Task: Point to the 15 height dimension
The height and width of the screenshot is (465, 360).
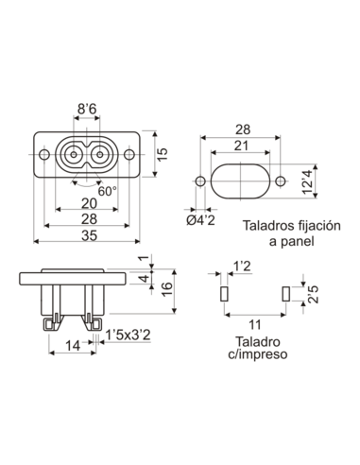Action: [x=162, y=152]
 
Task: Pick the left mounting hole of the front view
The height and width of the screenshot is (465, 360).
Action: [x=43, y=152]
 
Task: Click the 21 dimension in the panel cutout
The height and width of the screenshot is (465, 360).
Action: [x=242, y=145]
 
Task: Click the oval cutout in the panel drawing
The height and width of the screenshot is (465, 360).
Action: [x=241, y=181]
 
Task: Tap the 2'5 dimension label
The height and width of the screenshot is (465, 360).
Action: [x=313, y=295]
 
